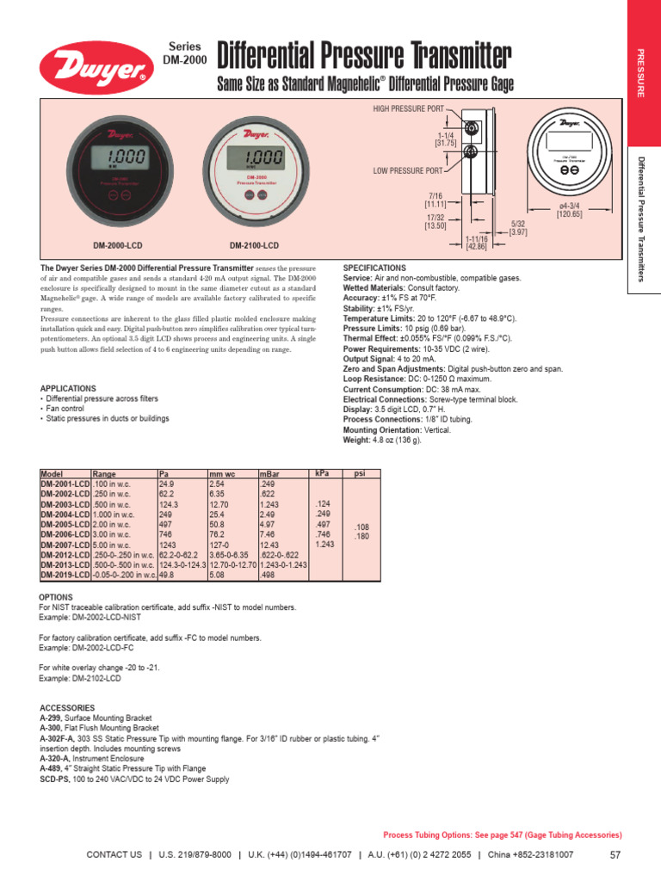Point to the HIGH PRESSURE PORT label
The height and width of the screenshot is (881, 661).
(407, 109)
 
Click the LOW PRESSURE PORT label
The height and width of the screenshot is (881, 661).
(408, 171)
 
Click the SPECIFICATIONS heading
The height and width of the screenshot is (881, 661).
(374, 268)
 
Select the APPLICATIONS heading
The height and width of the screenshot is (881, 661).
(68, 389)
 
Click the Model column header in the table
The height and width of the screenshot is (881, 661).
(53, 474)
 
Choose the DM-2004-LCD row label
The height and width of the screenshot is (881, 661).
(65, 514)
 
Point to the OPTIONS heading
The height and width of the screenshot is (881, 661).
(57, 597)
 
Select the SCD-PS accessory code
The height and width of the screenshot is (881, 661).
(55, 779)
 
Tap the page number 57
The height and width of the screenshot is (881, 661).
(615, 854)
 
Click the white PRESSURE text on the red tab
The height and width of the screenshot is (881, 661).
(640, 73)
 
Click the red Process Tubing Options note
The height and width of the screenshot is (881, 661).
(502, 835)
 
